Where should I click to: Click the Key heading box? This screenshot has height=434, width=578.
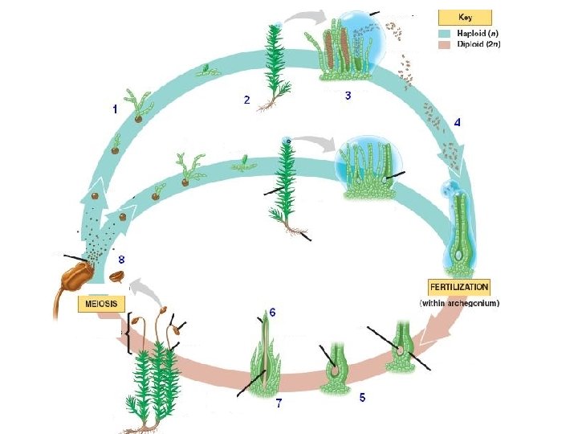(464, 17)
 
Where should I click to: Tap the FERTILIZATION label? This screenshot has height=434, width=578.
(458, 287)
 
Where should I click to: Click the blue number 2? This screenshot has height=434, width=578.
(247, 100)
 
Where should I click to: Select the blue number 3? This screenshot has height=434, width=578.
(348, 95)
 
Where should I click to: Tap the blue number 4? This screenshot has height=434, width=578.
(457, 123)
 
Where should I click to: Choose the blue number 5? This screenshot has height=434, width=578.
(363, 397)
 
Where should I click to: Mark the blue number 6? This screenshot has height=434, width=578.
(272, 312)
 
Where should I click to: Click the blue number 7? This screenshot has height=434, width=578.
(279, 403)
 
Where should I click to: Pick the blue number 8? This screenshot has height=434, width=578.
(121, 259)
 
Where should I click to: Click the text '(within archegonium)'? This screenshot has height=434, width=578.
(460, 303)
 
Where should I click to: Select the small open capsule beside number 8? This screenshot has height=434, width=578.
(117, 277)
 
